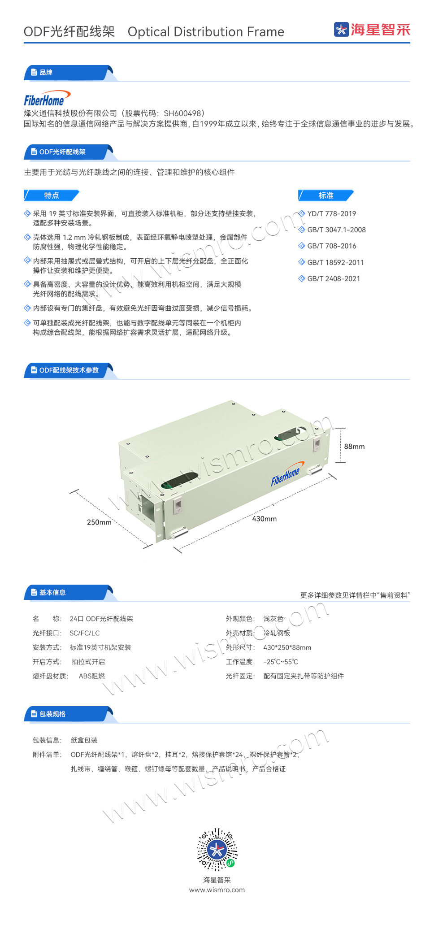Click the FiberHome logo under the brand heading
tap(47, 98)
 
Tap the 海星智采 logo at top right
tap(372, 30)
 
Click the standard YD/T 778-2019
tap(331, 214)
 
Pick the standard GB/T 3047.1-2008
tap(336, 230)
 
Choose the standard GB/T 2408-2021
tap(334, 279)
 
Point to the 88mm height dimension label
tap(354, 447)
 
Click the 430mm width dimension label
tap(265, 519)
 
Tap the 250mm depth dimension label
tap(99, 522)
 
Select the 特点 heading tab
tap(52, 195)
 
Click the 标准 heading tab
tap(326, 195)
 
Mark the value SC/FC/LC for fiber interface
tap(85, 633)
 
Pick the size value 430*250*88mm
tap(287, 647)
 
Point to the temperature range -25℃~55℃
tap(281, 662)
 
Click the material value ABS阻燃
tap(92, 676)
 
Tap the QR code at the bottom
tap(217, 849)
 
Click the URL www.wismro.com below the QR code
tap(217, 890)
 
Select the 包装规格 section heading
tap(52, 714)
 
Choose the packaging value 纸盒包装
tap(84, 740)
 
